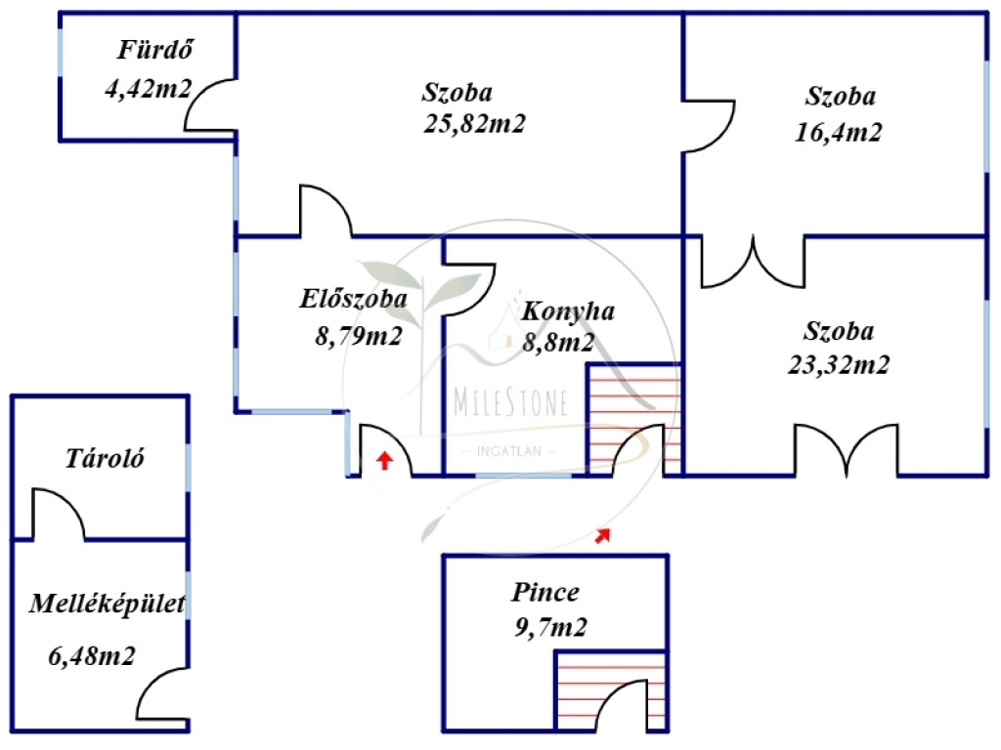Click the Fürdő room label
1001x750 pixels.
[155, 50]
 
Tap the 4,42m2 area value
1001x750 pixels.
[149, 89]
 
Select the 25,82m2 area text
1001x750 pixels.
[474, 123]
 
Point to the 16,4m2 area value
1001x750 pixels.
[838, 132]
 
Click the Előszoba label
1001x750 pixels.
[353, 299]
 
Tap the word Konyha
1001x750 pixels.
[568, 312]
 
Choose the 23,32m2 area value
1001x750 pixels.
[838, 365]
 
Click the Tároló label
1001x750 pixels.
[105, 458]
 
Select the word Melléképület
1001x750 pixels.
[108, 604]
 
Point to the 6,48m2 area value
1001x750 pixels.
[92, 655]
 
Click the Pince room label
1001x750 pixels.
[545, 593]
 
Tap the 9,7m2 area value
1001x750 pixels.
[550, 628]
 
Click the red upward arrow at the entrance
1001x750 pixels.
[383, 461]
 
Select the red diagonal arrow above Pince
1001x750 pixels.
[602, 536]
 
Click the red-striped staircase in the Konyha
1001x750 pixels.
[633, 419]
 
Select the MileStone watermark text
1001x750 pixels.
[510, 402]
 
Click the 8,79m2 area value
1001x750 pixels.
[358, 336]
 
